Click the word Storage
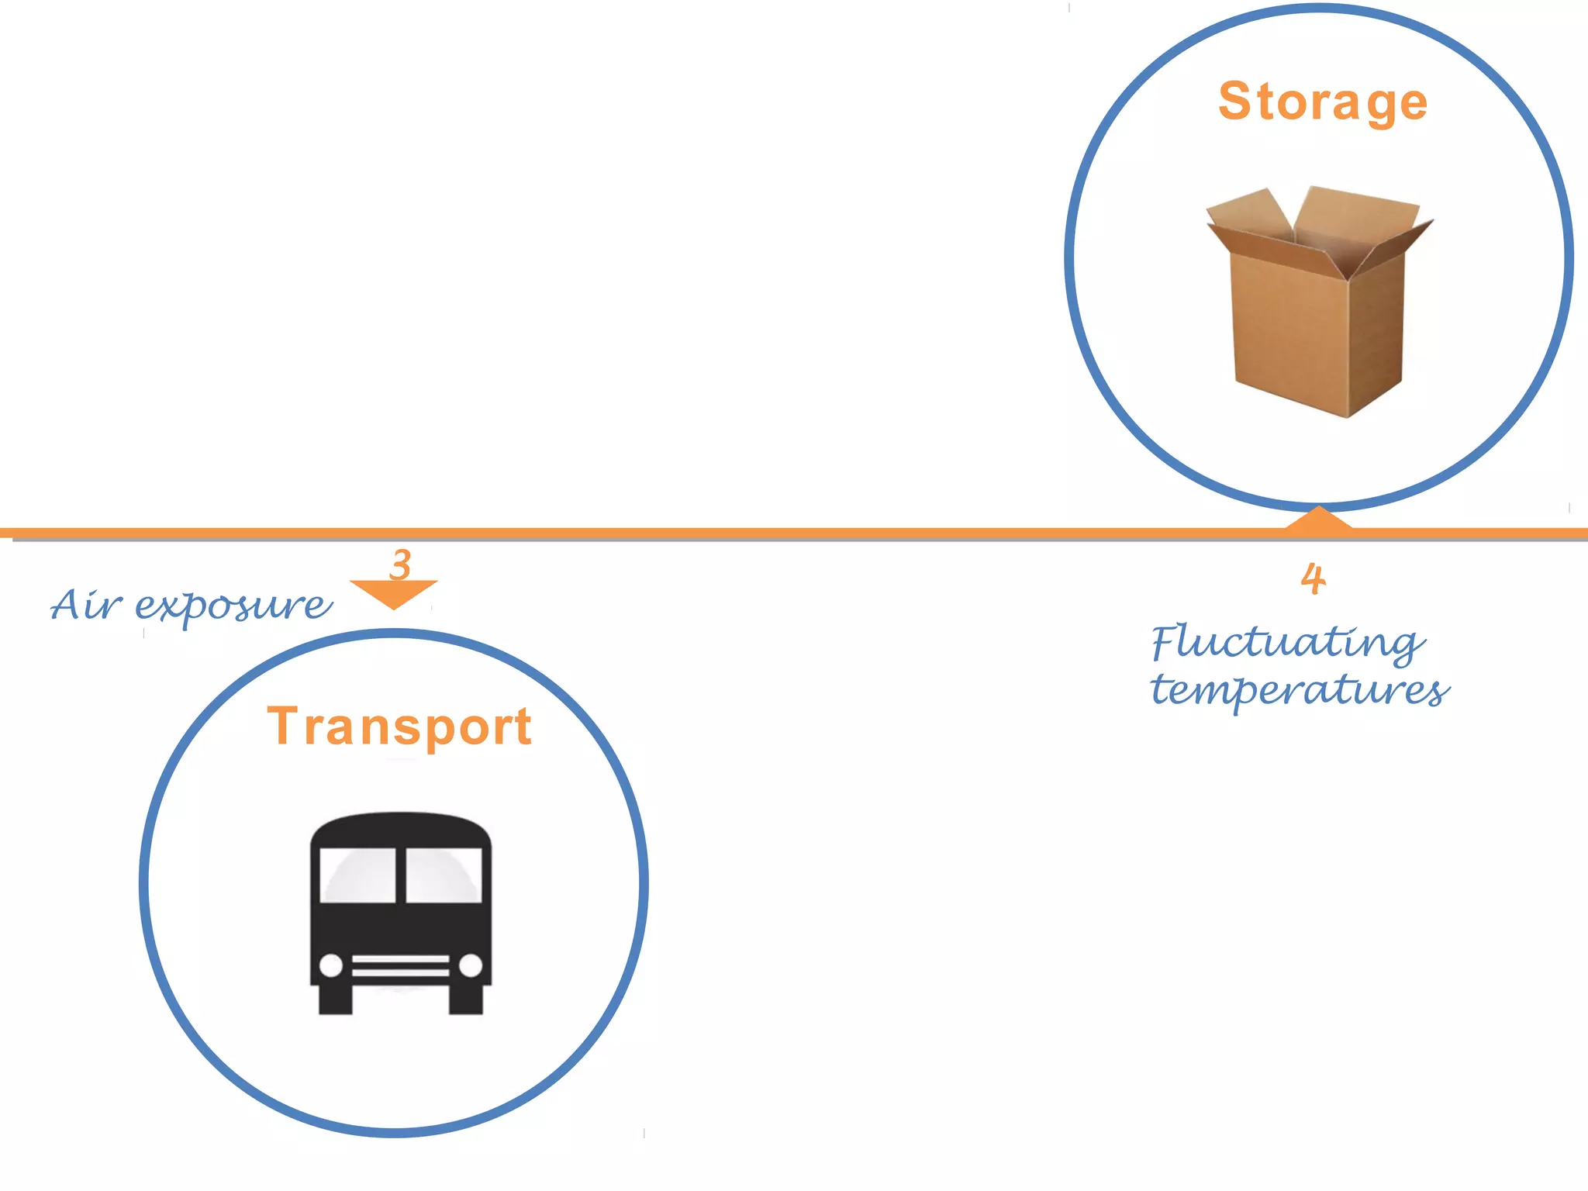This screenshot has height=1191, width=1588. (1322, 102)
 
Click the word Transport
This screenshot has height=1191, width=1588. (399, 727)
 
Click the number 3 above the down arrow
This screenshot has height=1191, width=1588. (401, 564)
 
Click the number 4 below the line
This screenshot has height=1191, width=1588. (1314, 579)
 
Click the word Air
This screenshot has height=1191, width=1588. (85, 605)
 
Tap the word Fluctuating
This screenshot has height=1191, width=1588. (1287, 642)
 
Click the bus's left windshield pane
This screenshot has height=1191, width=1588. (358, 875)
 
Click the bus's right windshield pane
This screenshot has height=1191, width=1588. (444, 875)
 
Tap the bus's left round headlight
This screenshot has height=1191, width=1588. (331, 966)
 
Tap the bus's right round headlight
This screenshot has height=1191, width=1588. (471, 965)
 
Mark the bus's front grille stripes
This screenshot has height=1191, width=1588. (401, 966)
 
